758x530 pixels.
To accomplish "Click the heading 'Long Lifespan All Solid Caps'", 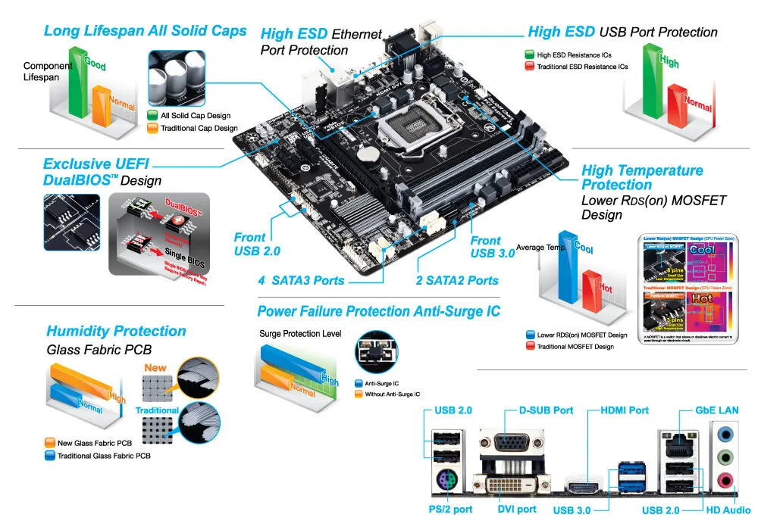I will (x=145, y=31).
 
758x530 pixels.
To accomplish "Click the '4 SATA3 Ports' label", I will (x=301, y=280).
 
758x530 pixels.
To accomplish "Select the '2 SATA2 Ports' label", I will (x=457, y=280).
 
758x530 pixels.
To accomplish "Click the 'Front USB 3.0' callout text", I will (x=493, y=246).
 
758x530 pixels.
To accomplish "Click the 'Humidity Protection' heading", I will (x=116, y=331).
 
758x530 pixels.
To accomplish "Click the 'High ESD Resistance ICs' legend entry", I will (x=574, y=55).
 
